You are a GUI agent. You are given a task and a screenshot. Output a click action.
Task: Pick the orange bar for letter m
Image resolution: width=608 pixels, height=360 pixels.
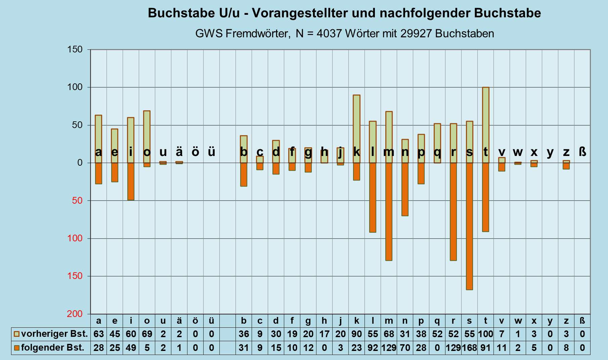389,211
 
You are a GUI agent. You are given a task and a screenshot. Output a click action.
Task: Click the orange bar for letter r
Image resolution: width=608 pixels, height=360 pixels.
453,211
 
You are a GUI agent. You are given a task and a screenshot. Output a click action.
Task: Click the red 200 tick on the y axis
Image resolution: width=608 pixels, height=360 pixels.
75,314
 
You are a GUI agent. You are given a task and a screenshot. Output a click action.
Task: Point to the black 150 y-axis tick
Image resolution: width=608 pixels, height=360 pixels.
75,49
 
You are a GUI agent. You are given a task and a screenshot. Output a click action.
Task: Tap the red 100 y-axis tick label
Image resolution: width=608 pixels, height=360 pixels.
75,238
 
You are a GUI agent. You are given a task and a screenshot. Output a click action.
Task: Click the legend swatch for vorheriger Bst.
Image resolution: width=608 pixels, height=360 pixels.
16,334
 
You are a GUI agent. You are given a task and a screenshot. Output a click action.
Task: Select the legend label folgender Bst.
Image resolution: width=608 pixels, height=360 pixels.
53,348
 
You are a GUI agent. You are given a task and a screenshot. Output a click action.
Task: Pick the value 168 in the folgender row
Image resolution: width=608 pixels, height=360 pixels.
469,348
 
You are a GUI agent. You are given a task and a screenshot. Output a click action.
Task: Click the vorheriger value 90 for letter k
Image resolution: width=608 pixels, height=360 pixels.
356,334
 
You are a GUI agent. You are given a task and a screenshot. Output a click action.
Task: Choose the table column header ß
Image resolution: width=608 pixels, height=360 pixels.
582,321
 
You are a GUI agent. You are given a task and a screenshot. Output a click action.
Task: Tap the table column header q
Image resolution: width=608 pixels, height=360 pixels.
437,321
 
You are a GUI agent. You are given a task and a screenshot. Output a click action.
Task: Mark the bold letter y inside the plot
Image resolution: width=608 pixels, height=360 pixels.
550,152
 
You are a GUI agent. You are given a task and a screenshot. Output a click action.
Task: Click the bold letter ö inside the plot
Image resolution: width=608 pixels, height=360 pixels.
195,152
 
